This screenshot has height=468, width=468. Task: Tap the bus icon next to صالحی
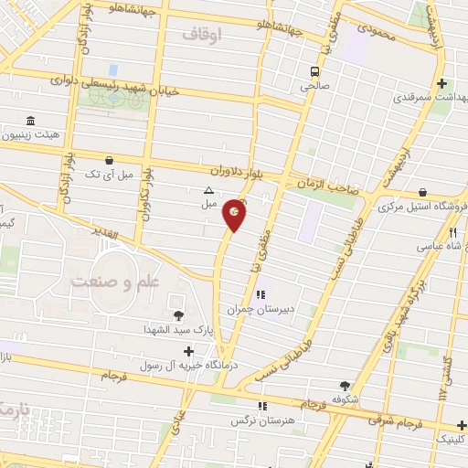pos(314,71)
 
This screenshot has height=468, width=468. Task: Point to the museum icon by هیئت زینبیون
pos(31,121)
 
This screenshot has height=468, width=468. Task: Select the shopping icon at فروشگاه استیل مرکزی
pos(423,193)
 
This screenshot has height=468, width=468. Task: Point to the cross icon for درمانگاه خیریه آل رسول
pos(188,351)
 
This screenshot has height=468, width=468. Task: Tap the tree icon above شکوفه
pos(345,387)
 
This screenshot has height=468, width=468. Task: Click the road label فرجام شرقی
pos(396,422)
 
